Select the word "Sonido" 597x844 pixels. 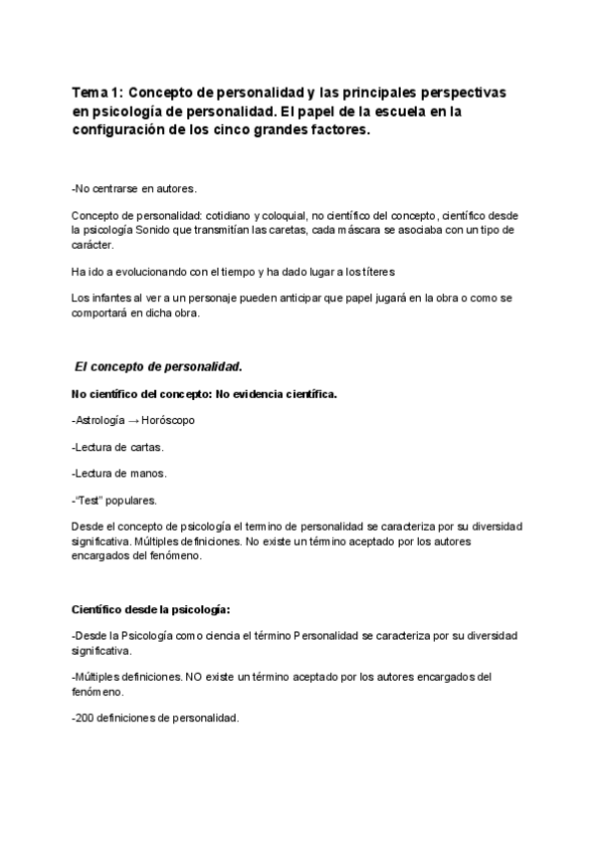click(x=183, y=230)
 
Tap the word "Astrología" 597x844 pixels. click(x=101, y=420)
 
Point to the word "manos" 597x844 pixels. click(x=149, y=473)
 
